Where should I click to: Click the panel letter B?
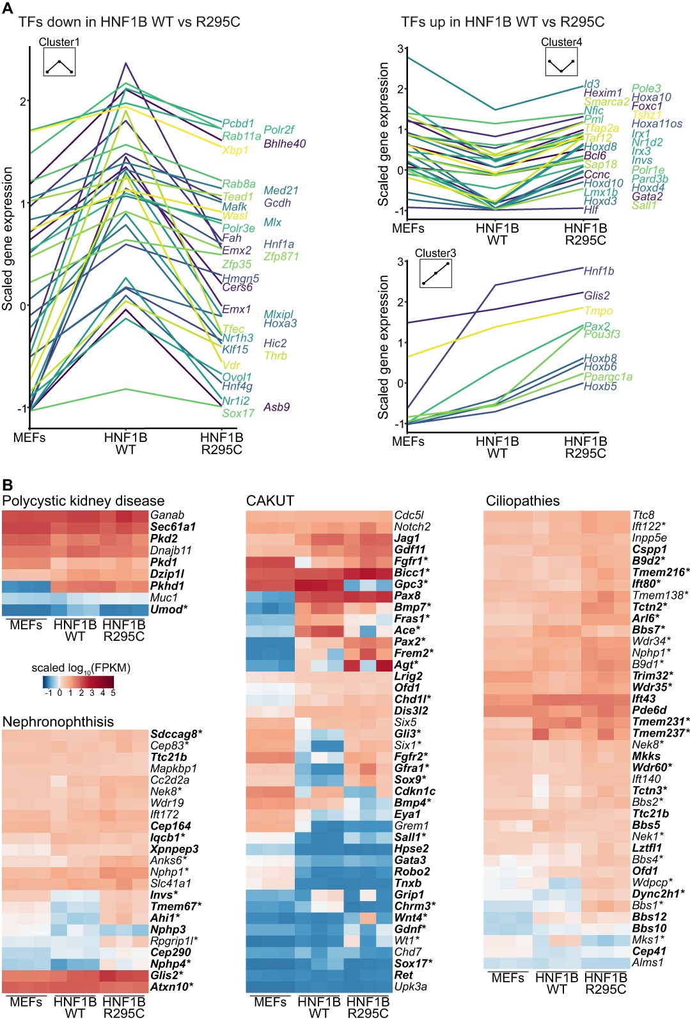point(7,485)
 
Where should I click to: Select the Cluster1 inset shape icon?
point(59,63)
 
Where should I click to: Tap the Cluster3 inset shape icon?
point(435,273)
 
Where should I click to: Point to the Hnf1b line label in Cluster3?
point(599,271)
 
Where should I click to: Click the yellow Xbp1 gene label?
point(235,150)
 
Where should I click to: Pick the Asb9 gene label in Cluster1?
point(276,407)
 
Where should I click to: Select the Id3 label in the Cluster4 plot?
point(592,84)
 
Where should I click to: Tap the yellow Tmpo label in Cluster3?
point(598,311)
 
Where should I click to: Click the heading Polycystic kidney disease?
point(83,501)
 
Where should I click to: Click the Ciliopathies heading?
point(522,501)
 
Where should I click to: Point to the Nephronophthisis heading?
point(58,721)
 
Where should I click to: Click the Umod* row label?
point(169,609)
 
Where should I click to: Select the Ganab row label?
point(167,515)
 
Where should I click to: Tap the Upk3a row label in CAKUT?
point(411,986)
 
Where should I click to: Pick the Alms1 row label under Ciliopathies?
point(648,963)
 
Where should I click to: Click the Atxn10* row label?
point(171,986)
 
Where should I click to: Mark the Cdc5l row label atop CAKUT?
point(409,515)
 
